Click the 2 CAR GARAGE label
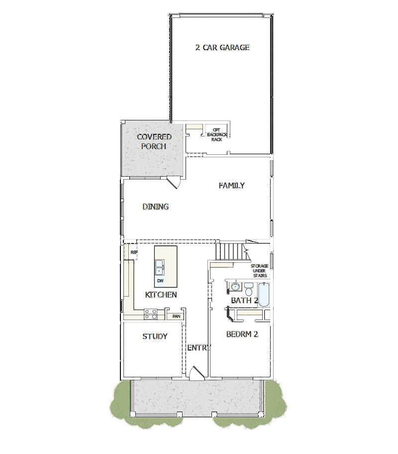[222, 48]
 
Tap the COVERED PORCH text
[154, 141]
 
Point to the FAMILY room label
[231, 186]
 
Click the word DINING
[155, 207]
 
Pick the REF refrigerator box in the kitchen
[133, 252]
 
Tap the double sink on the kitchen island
[160, 268]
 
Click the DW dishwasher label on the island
[160, 281]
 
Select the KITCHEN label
[161, 295]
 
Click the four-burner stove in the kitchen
[151, 314]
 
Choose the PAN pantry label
[176, 316]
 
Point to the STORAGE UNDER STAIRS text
[259, 271]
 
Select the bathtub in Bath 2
[264, 295]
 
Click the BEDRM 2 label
[242, 335]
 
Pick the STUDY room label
[155, 337]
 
